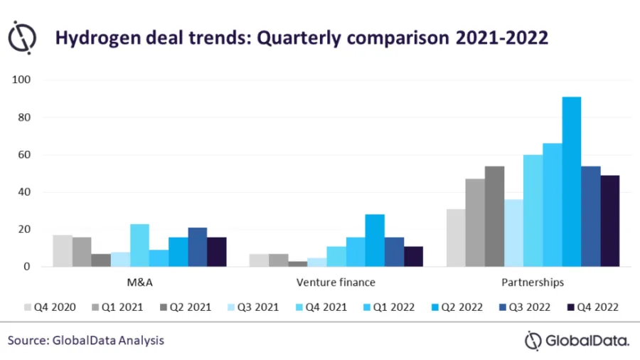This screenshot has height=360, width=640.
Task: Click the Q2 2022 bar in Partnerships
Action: coord(572,182)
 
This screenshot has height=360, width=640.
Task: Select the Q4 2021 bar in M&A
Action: coord(139,245)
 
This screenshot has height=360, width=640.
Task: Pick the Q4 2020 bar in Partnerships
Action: coord(456,238)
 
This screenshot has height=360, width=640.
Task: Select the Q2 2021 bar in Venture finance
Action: coord(297,264)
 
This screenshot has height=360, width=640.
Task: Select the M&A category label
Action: coord(139,282)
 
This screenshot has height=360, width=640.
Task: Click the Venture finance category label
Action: coord(336,282)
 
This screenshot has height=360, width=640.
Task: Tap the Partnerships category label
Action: coord(533,282)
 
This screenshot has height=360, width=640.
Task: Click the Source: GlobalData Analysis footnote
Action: coord(86,341)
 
